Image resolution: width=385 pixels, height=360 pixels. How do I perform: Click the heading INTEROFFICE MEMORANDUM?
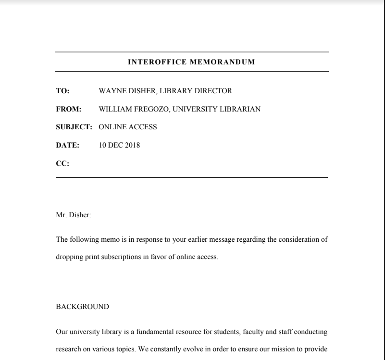click(x=191, y=62)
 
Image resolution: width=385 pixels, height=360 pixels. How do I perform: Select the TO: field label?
click(x=62, y=91)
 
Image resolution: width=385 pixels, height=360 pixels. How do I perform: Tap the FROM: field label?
click(x=69, y=109)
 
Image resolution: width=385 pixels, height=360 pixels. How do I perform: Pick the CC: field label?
click(x=62, y=164)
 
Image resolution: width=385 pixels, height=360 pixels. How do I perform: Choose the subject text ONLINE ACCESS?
click(x=127, y=127)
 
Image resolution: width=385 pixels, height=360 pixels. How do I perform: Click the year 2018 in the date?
click(x=131, y=146)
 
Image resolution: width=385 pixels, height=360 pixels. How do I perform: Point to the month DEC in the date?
click(x=114, y=146)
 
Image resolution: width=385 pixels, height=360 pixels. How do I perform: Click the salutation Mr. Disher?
click(x=74, y=216)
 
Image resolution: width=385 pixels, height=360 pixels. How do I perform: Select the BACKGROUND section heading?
click(x=82, y=306)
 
